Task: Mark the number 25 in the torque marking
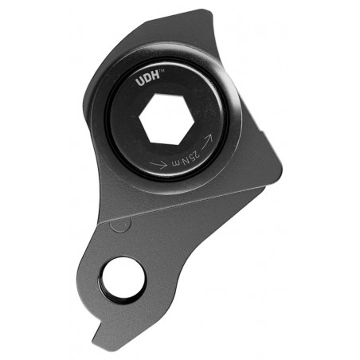click(193, 151)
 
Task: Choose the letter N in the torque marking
click(181, 158)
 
